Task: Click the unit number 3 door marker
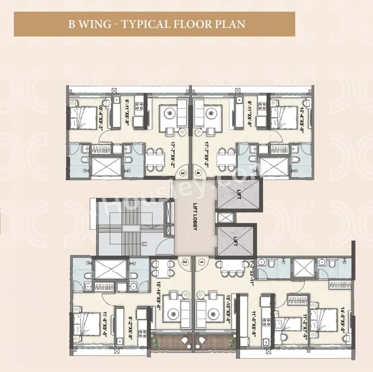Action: (184, 173)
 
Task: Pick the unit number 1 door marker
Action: (202, 262)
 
